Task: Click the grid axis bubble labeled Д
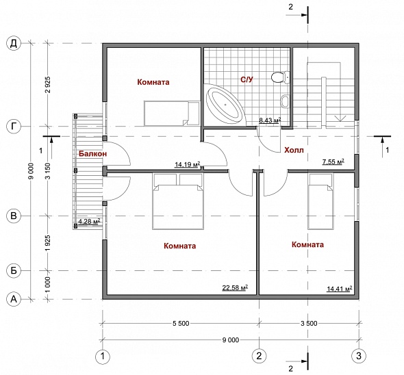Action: tap(14, 44)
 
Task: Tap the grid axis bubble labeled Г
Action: tap(14, 127)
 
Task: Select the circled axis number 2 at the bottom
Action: tap(259, 356)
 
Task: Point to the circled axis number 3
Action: tap(359, 356)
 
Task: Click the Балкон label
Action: tap(92, 154)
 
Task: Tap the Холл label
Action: tap(294, 150)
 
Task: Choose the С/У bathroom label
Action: tap(247, 79)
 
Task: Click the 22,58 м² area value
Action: tap(235, 287)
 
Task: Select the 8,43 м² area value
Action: tap(270, 120)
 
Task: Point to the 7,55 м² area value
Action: tap(333, 161)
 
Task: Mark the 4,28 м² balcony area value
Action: tap(89, 221)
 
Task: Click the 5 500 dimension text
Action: tap(181, 323)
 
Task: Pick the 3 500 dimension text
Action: tap(309, 323)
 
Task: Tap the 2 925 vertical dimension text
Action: tap(48, 85)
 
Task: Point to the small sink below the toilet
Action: tap(285, 101)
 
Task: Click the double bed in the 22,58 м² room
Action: tap(178, 201)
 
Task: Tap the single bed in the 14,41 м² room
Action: tap(320, 201)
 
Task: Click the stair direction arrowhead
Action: tap(340, 118)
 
